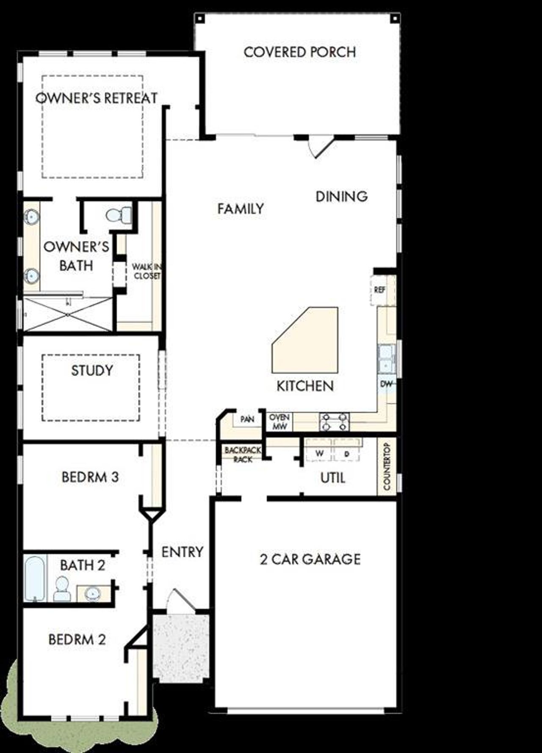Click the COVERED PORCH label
click(299, 52)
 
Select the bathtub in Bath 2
click(34, 579)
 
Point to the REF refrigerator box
click(380, 290)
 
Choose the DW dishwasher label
click(386, 384)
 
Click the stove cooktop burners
click(335, 421)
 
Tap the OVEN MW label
click(279, 422)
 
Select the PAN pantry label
click(247, 419)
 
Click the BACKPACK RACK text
click(243, 454)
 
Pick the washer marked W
click(319, 454)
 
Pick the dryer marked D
click(347, 454)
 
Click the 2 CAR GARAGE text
click(310, 559)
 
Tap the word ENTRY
click(182, 552)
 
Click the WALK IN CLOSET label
click(147, 271)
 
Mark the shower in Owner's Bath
click(68, 314)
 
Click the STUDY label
click(92, 371)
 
